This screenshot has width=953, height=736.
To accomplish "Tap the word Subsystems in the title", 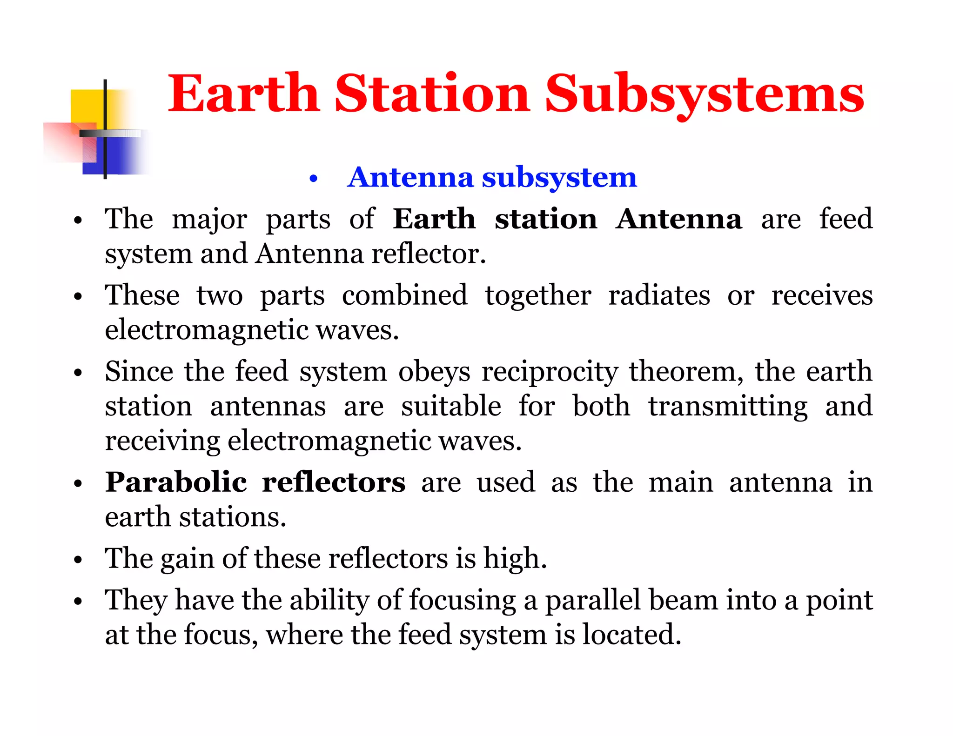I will [x=704, y=94].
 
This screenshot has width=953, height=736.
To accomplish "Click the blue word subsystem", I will [x=559, y=177].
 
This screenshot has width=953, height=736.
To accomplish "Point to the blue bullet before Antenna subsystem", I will [x=313, y=179].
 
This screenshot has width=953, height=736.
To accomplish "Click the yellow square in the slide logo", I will [x=87, y=107].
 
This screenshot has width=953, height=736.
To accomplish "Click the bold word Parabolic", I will [x=176, y=482].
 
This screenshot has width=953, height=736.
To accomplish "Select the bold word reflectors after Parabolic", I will [x=334, y=482].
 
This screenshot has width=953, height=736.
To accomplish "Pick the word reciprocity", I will [x=550, y=372].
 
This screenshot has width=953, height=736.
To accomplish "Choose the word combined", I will [x=404, y=295].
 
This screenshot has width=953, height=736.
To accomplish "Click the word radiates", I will [x=659, y=295].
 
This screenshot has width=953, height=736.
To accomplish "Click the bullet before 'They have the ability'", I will [x=78, y=601].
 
